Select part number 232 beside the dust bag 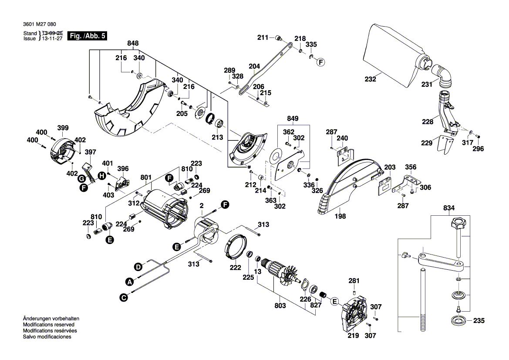(370, 80)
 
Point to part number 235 (479, 322)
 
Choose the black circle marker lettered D (138, 266)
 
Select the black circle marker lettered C (124, 298)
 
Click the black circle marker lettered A (129, 281)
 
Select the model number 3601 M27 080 (38, 24)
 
